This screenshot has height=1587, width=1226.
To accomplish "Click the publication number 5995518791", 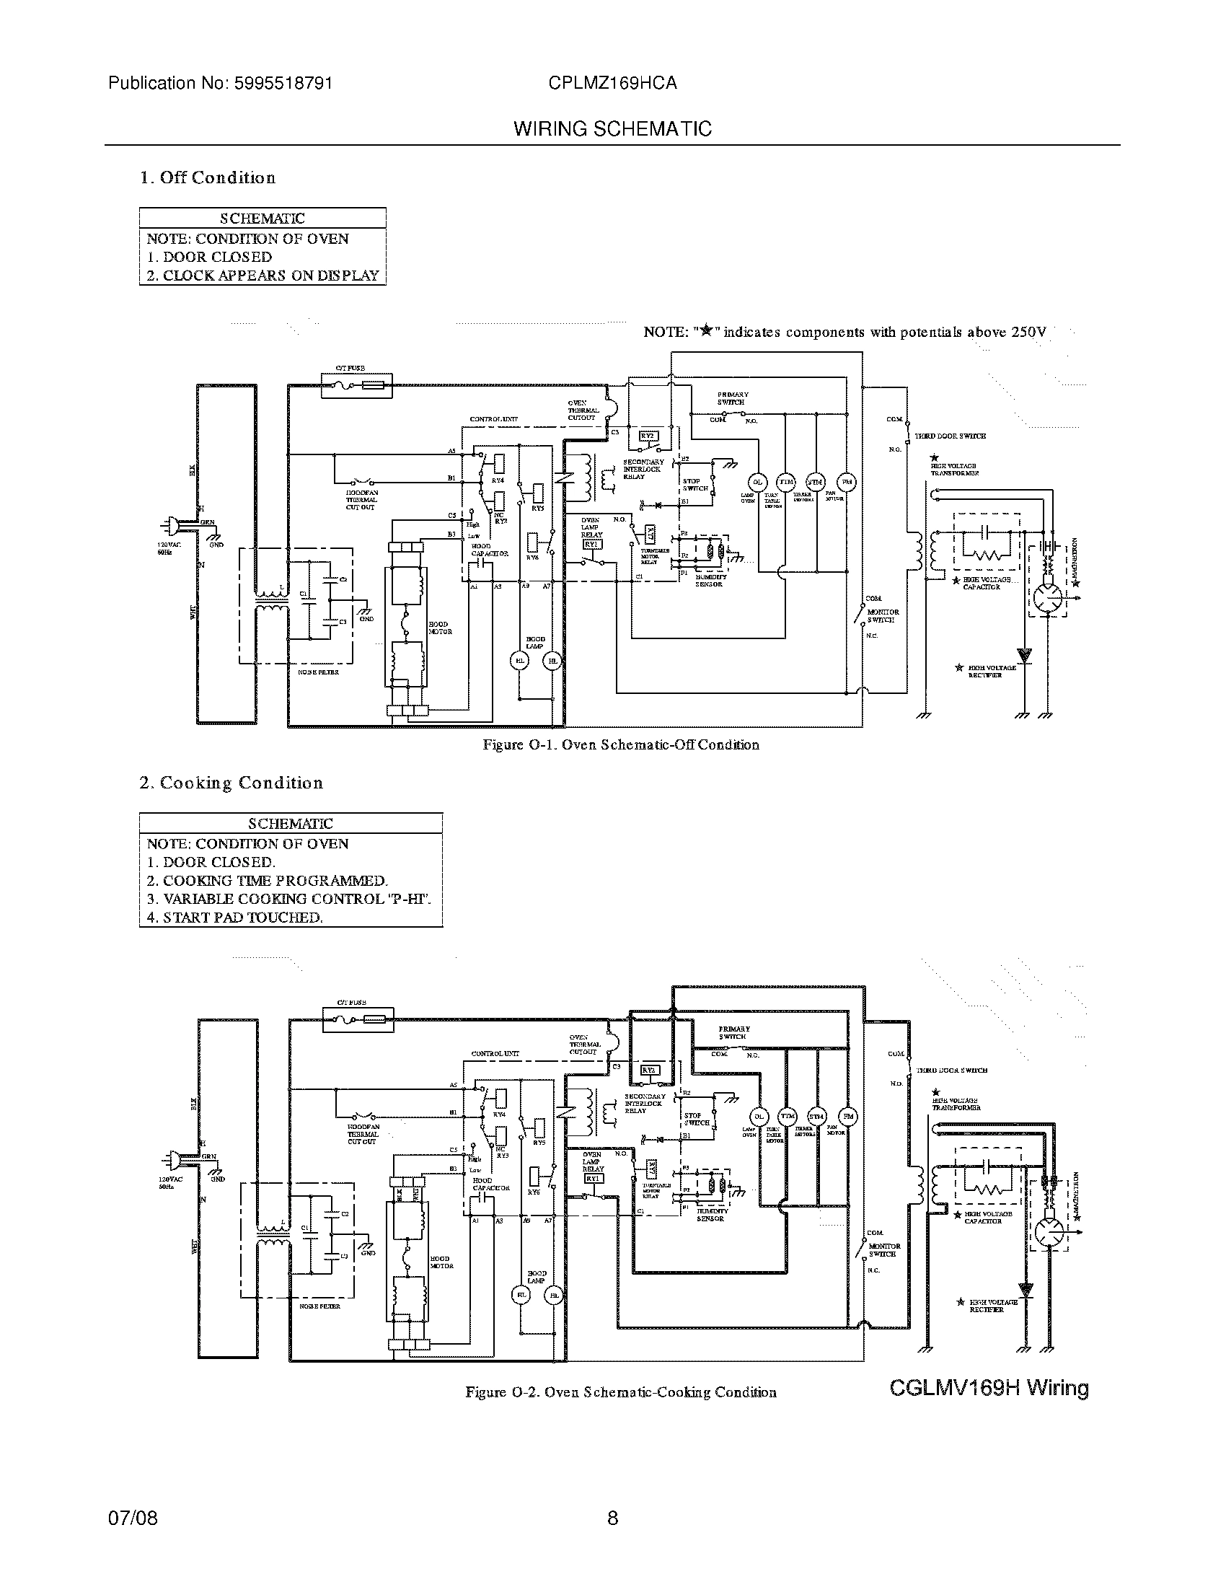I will click(x=283, y=84).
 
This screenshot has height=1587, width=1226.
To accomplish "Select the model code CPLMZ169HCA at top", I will click(x=612, y=84).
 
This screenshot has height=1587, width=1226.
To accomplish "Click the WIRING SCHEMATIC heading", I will click(x=612, y=129).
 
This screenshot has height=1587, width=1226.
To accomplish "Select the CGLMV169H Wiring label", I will click(x=989, y=1389).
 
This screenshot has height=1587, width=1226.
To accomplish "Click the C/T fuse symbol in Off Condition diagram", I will click(x=356, y=386).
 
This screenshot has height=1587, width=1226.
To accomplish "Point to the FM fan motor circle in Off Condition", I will click(x=846, y=482).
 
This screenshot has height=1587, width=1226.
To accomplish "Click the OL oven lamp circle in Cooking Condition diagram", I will click(x=759, y=1117).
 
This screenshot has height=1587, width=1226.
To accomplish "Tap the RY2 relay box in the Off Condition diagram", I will click(x=648, y=436).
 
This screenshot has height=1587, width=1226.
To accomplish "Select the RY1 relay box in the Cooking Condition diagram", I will click(x=594, y=1179).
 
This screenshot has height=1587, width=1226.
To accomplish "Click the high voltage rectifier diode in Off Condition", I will click(x=1025, y=656).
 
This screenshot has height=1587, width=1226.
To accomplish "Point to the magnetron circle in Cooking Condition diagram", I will click(x=1049, y=1232).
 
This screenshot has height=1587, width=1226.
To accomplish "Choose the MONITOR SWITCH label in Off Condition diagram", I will click(x=883, y=616).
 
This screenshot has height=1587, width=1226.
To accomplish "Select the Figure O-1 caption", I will click(x=621, y=745).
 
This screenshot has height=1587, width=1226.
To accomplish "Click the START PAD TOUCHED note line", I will click(x=234, y=918).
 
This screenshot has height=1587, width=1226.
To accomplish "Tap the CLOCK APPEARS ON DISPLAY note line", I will click(x=263, y=276).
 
